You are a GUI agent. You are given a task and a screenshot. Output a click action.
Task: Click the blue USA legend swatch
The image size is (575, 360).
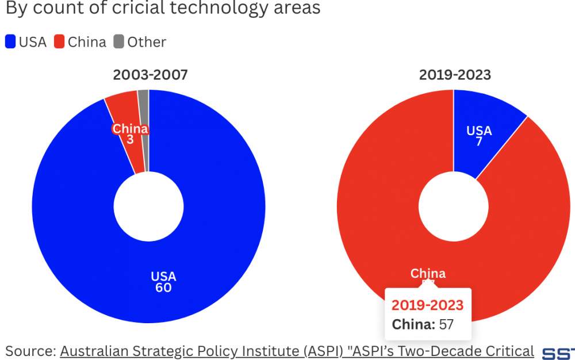coord(10,42)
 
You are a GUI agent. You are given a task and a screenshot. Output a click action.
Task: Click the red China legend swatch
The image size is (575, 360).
coord(59,42)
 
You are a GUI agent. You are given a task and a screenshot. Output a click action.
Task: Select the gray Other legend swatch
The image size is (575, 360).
coord(119,42)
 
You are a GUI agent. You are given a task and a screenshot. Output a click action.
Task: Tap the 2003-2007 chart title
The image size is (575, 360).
coord(150,75)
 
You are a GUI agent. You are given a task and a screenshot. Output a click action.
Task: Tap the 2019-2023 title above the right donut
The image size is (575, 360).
coord(455,75)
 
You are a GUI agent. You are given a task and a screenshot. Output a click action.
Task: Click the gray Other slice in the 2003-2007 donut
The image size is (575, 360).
coord(144,109)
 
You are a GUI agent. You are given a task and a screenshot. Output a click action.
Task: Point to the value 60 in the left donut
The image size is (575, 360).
coord(163,288)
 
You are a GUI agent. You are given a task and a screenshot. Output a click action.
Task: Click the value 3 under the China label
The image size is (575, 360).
coord(130,139)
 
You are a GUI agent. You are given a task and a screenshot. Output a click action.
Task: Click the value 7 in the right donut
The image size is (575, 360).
coord(478,141)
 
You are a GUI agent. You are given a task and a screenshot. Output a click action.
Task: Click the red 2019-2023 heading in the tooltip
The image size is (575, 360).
coord(427,305)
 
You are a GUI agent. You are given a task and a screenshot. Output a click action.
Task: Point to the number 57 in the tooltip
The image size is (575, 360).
coord(446,324)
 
